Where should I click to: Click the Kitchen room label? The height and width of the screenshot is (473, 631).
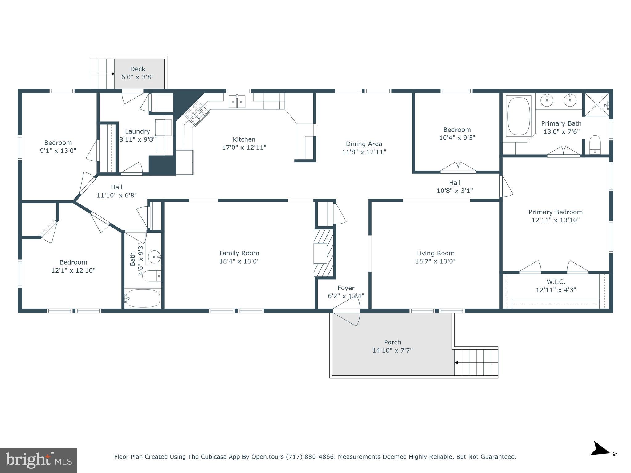pyautogui.click(x=244, y=139)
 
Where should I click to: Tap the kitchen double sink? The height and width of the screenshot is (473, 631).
pyautogui.click(x=237, y=102)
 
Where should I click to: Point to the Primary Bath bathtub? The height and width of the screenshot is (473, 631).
pyautogui.click(x=519, y=116)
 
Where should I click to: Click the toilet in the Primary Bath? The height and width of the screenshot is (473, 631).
pyautogui.click(x=595, y=145)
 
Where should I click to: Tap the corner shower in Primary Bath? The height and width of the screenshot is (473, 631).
pyautogui.click(x=597, y=105)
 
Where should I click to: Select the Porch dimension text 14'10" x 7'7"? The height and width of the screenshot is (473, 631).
pyautogui.click(x=392, y=350)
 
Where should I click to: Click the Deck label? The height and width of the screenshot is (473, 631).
pyautogui.click(x=137, y=69)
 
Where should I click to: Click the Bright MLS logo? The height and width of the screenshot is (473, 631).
pyautogui.click(x=39, y=460)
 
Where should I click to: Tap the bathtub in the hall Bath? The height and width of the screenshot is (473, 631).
pyautogui.click(x=143, y=298)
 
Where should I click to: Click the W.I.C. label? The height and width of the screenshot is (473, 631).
pyautogui.click(x=556, y=282)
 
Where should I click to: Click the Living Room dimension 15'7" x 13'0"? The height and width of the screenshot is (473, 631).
pyautogui.click(x=435, y=261)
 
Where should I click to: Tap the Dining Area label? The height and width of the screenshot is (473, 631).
pyautogui.click(x=364, y=144)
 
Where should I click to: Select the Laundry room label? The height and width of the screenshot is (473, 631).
pyautogui.click(x=137, y=131)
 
